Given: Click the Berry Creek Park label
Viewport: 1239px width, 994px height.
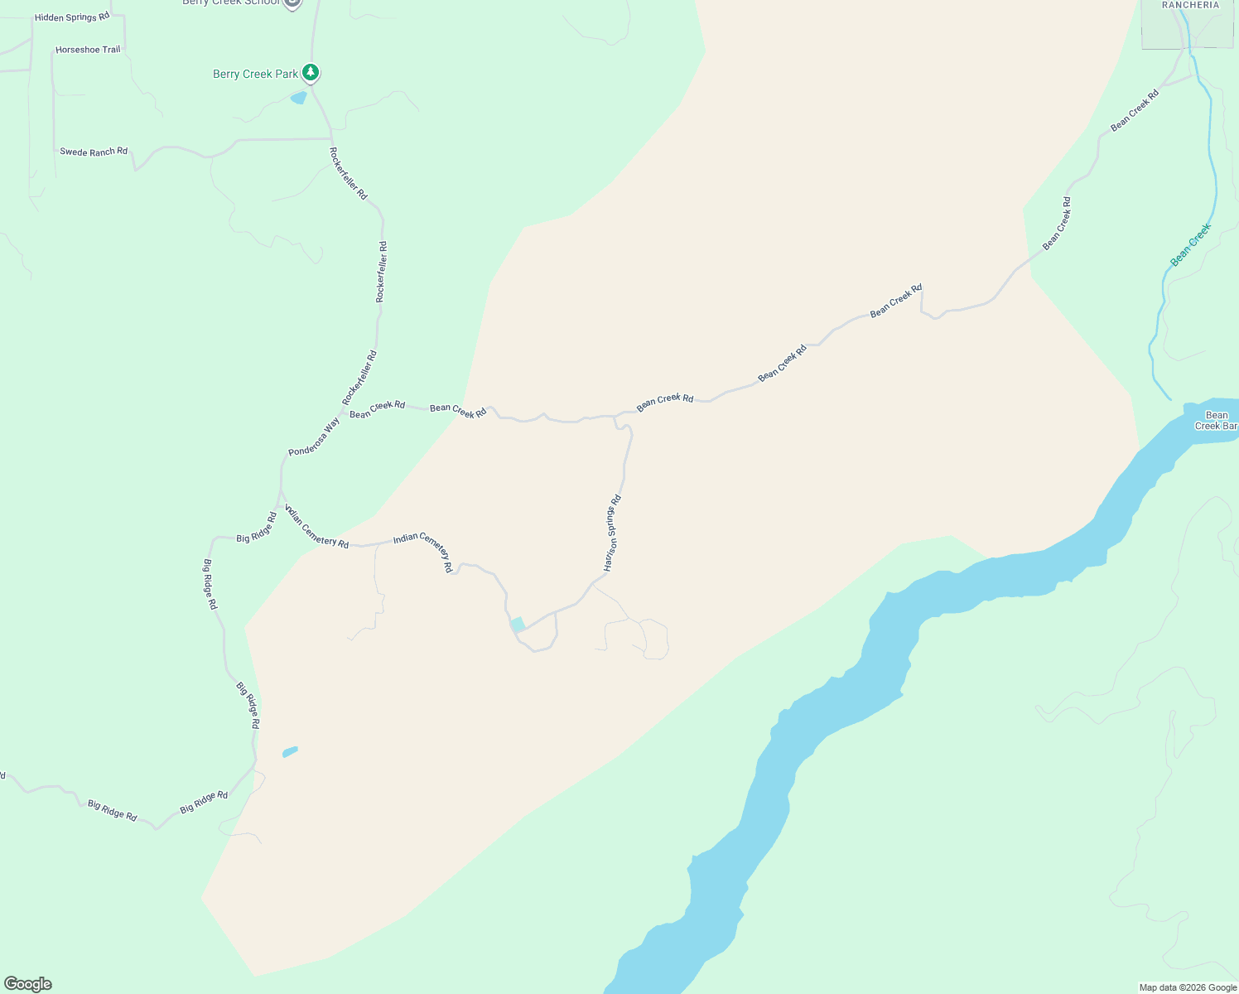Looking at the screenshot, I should [255, 75].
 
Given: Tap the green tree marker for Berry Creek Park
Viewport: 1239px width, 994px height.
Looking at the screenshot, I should [311, 73].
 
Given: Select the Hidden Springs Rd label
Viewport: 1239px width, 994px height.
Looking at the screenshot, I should [72, 17].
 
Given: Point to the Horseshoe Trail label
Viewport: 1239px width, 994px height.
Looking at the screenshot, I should [88, 50].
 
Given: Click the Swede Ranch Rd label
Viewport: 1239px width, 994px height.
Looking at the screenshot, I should [94, 152].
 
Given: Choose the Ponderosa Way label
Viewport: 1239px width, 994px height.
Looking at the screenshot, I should [314, 437].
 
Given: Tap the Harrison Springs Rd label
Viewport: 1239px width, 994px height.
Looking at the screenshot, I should [613, 533].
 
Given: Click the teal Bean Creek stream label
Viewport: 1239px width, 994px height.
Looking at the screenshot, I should [1191, 245].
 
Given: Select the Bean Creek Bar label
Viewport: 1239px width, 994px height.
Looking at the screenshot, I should [1216, 421].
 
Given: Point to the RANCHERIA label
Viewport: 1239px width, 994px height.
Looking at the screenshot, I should [1190, 5].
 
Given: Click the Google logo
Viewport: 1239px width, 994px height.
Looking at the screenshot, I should [28, 984].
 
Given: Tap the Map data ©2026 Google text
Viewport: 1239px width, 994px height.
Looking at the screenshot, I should [1188, 987].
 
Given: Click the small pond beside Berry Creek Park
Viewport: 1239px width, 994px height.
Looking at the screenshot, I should [298, 98].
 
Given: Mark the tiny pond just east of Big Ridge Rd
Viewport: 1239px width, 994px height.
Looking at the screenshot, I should [290, 751].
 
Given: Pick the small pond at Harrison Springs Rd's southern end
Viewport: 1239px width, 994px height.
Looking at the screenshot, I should [518, 625].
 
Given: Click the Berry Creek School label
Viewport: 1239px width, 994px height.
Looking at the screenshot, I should [231, 2].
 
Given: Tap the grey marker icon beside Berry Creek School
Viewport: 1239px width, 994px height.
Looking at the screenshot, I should [292, 2].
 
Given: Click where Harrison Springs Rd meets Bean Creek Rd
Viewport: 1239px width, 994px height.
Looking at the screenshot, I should [615, 416].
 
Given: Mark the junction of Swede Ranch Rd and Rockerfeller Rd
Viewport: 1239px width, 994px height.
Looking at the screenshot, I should [332, 139].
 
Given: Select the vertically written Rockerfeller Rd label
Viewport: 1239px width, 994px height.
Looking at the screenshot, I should [382, 272].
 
